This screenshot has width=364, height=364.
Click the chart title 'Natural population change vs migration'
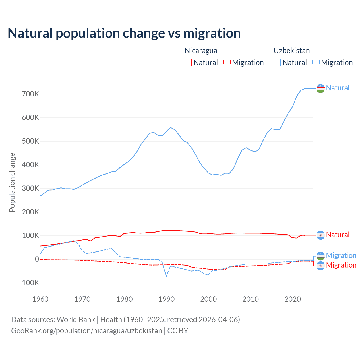(124, 33)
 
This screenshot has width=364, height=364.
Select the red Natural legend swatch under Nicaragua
(188, 63)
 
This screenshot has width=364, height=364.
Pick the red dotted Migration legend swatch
(227, 63)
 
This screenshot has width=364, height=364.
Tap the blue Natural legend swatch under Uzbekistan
(277, 63)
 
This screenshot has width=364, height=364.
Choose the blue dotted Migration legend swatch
(316, 63)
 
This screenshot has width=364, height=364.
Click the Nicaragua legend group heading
(201, 51)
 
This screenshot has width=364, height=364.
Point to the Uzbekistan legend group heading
(291, 51)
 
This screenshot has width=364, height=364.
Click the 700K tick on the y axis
(30, 94)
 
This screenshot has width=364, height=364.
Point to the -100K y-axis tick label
(29, 283)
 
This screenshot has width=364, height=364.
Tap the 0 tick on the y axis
(37, 259)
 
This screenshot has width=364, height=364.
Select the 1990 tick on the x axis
(166, 299)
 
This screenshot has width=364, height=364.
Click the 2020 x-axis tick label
(293, 299)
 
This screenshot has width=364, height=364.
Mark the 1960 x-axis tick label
(40, 299)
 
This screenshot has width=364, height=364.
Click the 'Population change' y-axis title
(12, 182)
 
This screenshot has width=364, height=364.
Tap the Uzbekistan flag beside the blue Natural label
(320, 88)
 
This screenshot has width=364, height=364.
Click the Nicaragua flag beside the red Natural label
(320, 235)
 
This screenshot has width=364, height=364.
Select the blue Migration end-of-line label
(341, 255)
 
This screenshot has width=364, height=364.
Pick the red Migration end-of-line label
(341, 265)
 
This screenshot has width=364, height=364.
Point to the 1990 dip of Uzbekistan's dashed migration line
(166, 276)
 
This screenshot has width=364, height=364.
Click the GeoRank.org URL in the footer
(86, 331)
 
